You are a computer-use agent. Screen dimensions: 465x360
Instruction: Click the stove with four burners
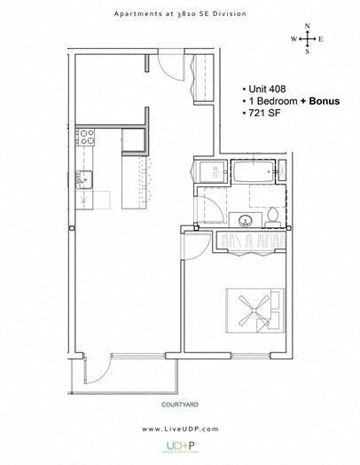(x=87, y=137)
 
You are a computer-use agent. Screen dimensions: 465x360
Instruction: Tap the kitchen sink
(x=84, y=177)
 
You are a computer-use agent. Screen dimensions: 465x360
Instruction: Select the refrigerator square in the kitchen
(x=133, y=141)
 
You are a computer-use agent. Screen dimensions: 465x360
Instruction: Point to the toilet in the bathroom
(x=274, y=214)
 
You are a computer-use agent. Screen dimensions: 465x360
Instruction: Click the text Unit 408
(x=269, y=90)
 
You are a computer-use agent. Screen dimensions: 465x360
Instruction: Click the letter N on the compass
(x=307, y=27)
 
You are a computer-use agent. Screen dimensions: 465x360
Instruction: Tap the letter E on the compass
(x=320, y=39)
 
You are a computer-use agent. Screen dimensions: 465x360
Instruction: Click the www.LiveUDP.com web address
(x=179, y=429)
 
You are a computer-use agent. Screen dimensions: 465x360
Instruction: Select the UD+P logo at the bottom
(x=179, y=448)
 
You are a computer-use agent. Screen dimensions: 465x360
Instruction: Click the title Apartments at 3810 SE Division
(x=179, y=14)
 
